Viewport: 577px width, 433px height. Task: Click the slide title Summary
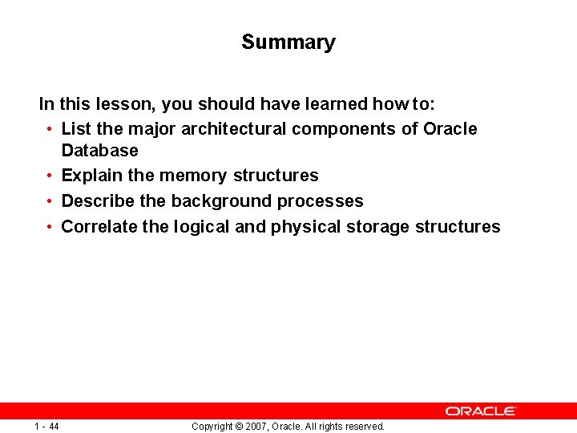click(x=288, y=42)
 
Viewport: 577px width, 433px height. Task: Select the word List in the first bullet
click(x=76, y=129)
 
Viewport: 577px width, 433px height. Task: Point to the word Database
click(x=99, y=151)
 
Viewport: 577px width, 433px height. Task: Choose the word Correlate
click(x=99, y=227)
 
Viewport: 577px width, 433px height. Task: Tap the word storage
click(x=378, y=227)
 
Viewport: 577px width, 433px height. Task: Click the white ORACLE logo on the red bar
click(x=481, y=411)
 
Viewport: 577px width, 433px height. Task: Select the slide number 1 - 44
click(x=47, y=427)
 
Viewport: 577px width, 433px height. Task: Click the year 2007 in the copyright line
click(x=256, y=427)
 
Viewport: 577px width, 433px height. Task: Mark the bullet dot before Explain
click(x=50, y=176)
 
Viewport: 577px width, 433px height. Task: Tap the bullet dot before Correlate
click(x=50, y=227)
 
